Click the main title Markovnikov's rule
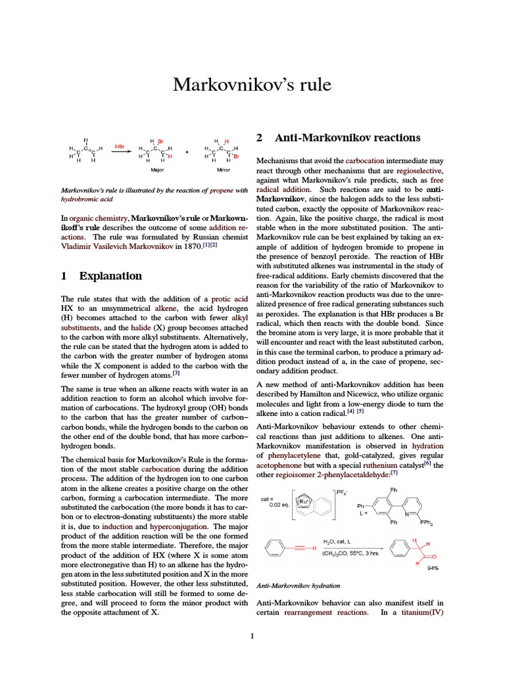coord(252,85)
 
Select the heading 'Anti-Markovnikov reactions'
coord(347,138)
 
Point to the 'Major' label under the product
coord(157,170)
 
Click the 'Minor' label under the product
coord(223,170)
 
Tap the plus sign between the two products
coord(187,152)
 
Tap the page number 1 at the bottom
coord(252,636)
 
